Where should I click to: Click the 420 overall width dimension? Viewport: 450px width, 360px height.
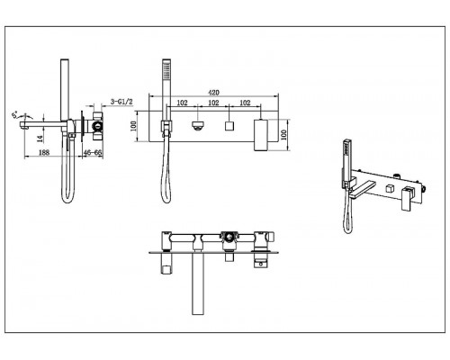213,93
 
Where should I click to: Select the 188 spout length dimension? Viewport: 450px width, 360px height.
44,152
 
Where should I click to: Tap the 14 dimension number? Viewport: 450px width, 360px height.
40,139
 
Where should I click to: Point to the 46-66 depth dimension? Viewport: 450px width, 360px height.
93,152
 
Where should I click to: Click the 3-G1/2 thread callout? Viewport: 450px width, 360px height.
121,102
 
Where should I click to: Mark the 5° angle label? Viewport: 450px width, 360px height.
14,115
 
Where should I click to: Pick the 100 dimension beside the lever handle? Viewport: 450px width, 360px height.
284,134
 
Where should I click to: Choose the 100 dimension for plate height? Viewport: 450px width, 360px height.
134,126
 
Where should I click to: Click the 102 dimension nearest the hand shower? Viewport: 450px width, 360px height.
182,103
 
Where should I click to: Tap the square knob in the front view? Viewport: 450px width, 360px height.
229,126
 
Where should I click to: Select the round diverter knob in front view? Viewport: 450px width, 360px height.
198,126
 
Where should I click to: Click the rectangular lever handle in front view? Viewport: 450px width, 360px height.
260,135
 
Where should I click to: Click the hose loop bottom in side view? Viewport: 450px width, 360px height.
67,202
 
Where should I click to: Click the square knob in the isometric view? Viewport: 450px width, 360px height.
390,188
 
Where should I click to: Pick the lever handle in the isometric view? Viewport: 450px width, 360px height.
409,198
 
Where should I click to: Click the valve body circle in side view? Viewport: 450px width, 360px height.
97,126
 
